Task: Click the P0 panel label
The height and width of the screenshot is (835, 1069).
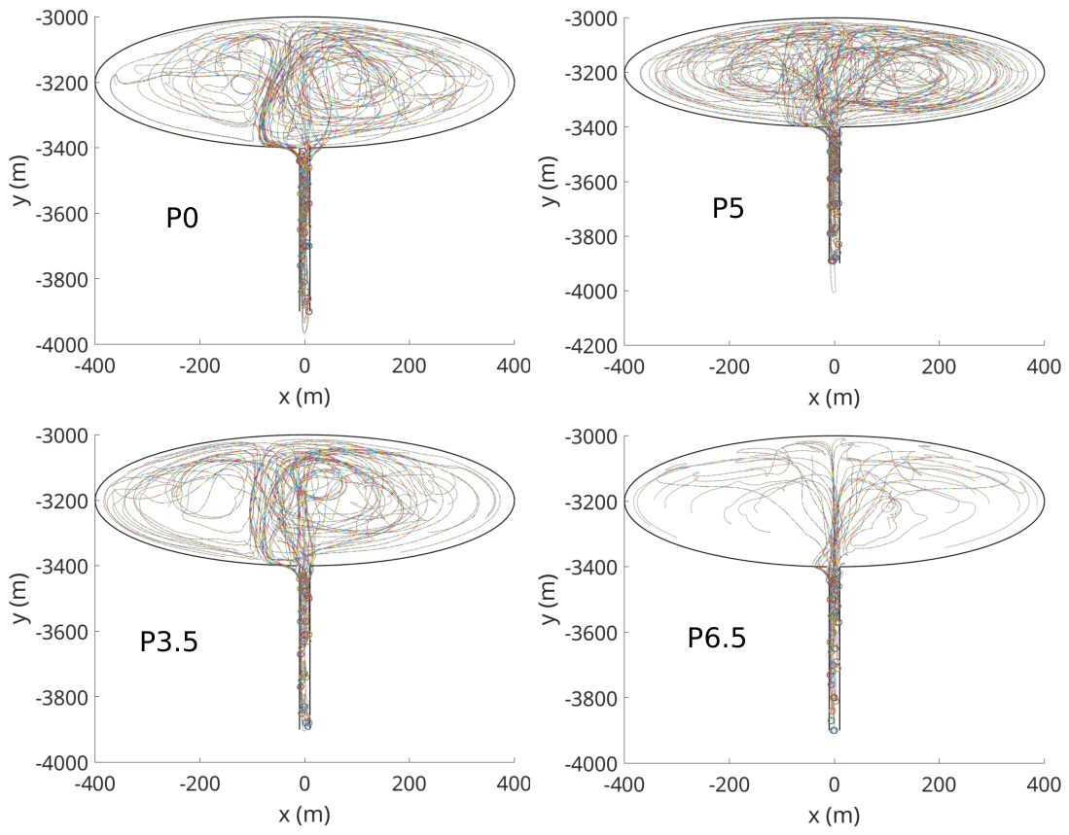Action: (182, 218)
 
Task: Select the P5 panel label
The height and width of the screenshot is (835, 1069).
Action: (729, 208)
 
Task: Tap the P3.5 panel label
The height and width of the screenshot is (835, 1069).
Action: (169, 642)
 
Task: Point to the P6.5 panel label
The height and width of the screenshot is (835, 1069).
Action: (717, 639)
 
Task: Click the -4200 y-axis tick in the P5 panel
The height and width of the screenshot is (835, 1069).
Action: (591, 345)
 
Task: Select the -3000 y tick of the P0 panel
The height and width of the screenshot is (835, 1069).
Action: (62, 17)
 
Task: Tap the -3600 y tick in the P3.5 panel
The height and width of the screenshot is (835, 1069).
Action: (62, 632)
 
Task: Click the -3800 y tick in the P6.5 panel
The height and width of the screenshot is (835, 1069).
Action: (591, 698)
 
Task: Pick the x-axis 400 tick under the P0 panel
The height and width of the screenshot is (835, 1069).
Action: (514, 365)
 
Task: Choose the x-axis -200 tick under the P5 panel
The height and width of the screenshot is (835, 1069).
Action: (729, 366)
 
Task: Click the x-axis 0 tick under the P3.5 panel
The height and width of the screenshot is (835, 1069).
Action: (304, 783)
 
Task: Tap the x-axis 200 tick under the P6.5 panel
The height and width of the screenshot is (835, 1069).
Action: (939, 784)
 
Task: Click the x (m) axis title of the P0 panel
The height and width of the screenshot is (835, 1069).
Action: (304, 396)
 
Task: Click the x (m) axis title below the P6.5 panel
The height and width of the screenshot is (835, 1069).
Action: (834, 815)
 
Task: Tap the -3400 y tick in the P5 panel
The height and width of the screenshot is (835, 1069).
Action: (591, 127)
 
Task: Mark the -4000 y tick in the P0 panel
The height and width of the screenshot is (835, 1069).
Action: (62, 344)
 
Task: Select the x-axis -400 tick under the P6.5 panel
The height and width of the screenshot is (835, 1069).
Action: (624, 784)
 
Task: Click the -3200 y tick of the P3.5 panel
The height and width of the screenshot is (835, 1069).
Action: (62, 501)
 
